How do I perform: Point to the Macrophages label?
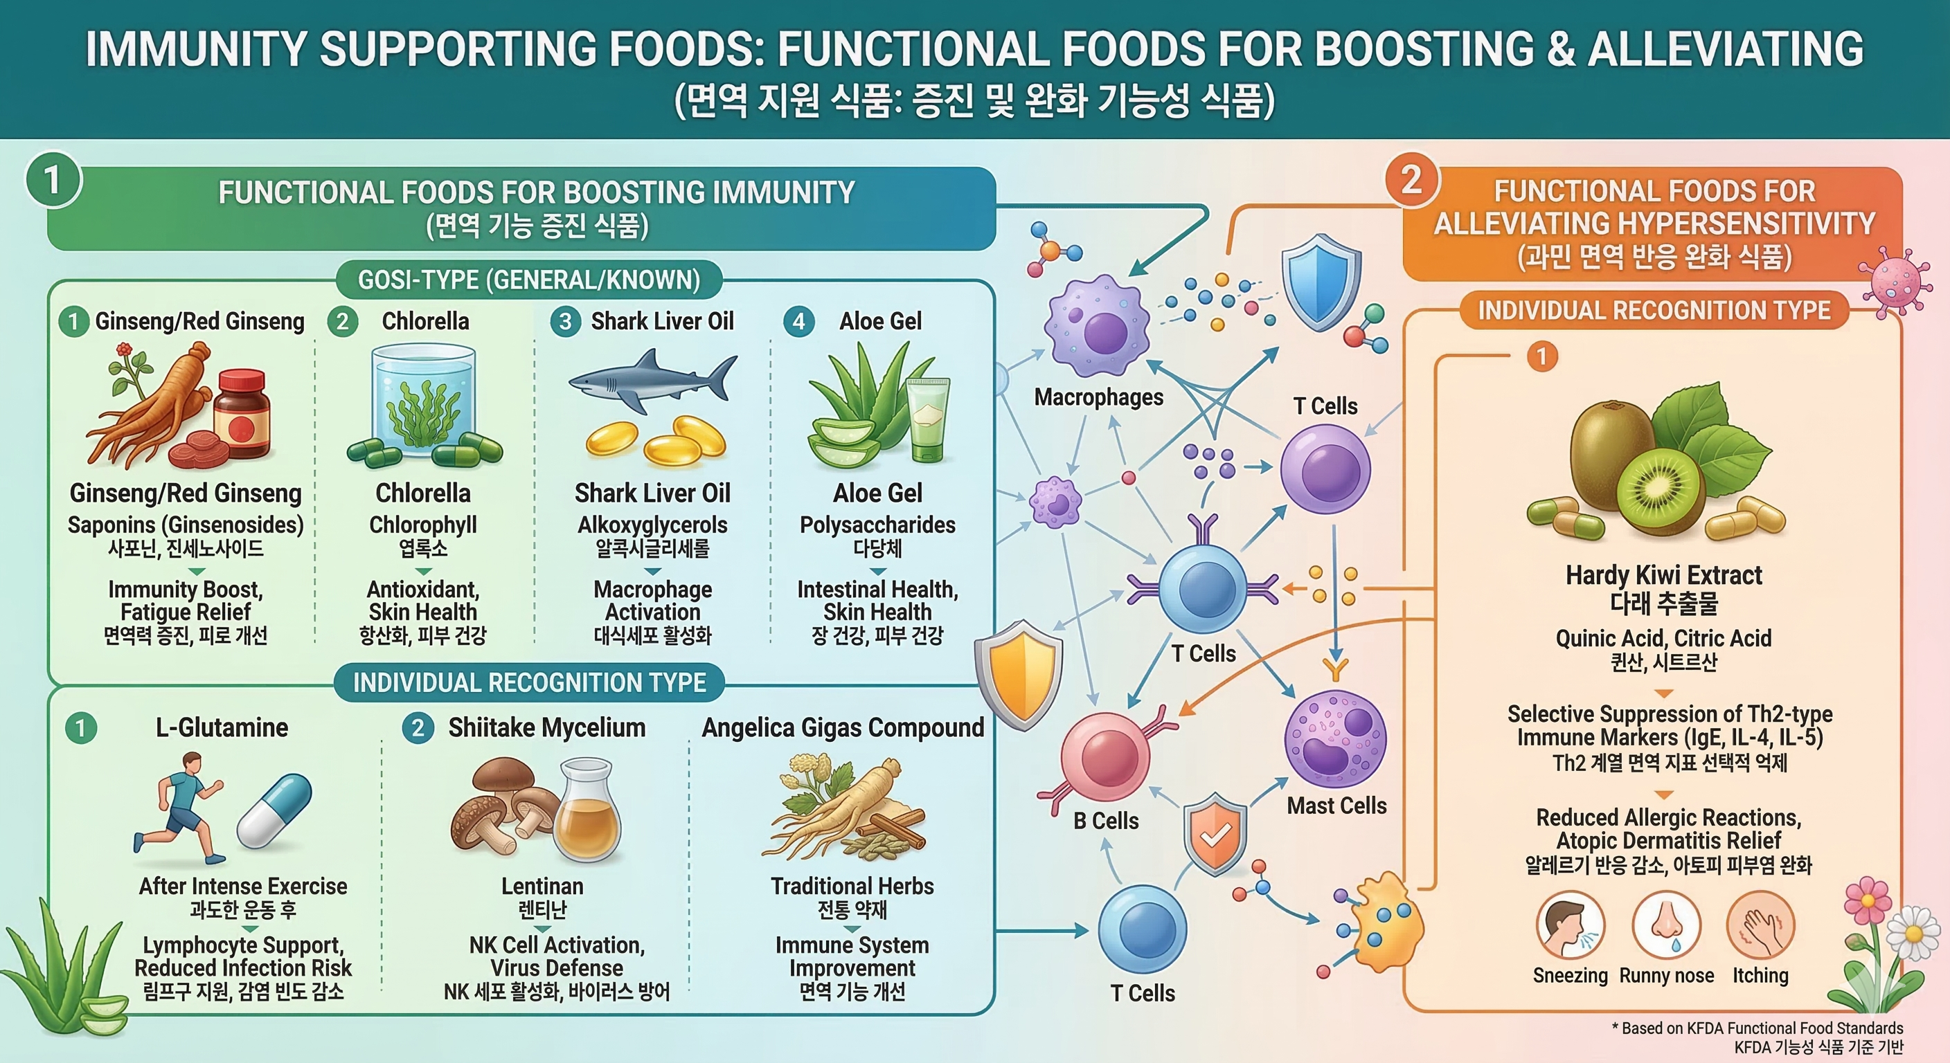tap(1098, 397)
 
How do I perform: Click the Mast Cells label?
tap(1336, 806)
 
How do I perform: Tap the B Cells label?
tap(1105, 821)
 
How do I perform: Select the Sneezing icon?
tap(1570, 925)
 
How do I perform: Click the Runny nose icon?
tap(1666, 925)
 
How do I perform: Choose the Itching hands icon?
tap(1761, 925)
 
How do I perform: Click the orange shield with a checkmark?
tap(1215, 833)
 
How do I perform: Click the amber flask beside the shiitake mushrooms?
tap(588, 813)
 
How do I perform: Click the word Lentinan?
tap(542, 886)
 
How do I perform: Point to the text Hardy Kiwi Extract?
tap(1663, 576)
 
